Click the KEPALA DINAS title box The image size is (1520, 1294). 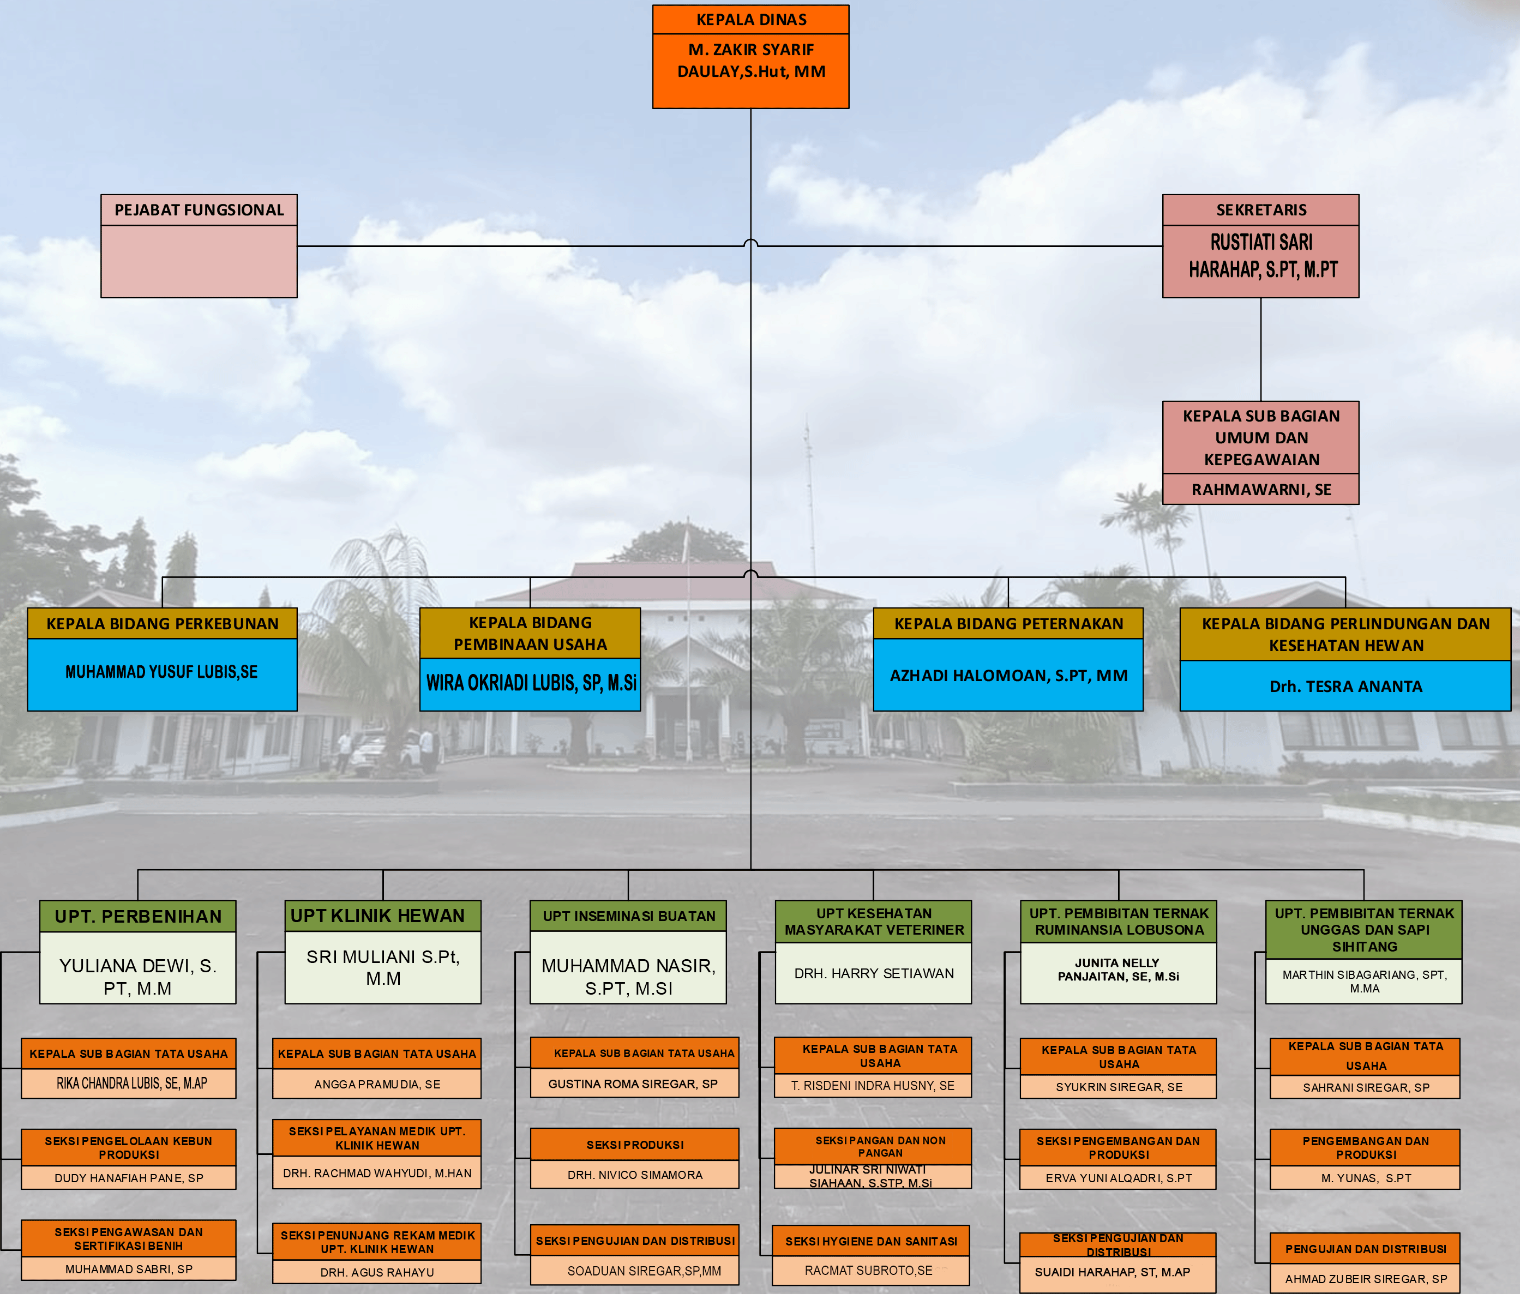(x=750, y=20)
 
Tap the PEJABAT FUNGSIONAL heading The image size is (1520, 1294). (x=199, y=210)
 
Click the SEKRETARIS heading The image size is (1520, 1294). (x=1260, y=210)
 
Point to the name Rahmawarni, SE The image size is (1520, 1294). (x=1260, y=489)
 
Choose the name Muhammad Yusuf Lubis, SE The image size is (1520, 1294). (x=161, y=672)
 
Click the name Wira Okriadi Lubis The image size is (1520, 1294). (x=530, y=683)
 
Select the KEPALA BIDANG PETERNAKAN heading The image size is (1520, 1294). (x=1008, y=623)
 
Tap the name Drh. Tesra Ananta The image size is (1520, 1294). (x=1345, y=687)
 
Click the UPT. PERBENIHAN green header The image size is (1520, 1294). (x=138, y=916)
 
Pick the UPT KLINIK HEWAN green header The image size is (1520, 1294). (x=378, y=916)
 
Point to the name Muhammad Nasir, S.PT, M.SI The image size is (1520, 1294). (x=628, y=977)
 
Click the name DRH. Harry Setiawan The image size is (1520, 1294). (x=874, y=973)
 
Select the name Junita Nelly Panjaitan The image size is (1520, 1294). (x=1118, y=970)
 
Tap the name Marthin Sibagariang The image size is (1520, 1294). (x=1363, y=982)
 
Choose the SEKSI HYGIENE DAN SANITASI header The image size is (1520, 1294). (x=871, y=1241)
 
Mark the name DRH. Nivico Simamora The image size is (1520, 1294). (x=634, y=1175)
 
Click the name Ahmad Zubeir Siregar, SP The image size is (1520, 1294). (x=1365, y=1279)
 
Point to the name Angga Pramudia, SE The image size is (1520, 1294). (x=377, y=1084)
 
